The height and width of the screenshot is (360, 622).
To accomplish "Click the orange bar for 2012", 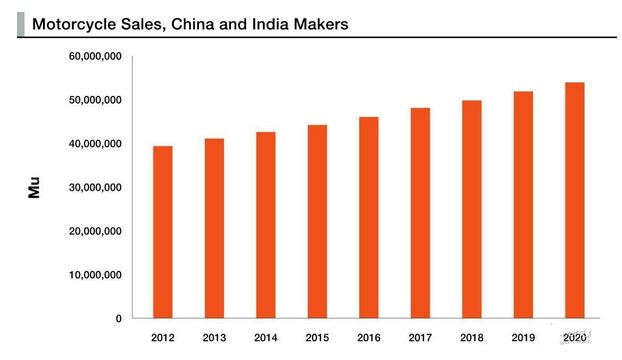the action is coord(163,232).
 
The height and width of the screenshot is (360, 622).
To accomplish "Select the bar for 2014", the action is coord(266,225).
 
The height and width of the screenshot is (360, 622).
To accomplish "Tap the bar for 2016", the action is coord(369,217).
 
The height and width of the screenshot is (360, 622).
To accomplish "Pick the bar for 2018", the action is coord(472,209).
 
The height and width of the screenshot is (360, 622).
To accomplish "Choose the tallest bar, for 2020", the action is coord(575,200).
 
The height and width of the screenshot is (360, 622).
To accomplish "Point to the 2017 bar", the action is coord(420,213).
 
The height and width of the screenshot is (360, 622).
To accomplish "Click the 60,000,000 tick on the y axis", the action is coord(95,56).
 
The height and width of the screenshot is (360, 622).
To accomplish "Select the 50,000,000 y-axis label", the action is coord(95,100).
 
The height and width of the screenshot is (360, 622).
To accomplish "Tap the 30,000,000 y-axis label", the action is coord(95,187).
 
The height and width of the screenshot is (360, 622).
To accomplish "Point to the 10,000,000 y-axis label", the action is coord(95,275).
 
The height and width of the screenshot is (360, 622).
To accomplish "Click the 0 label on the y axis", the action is coord(119,318).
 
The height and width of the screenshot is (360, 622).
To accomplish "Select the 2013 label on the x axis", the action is coord(214,338).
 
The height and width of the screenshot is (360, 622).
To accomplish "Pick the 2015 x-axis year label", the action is coord(317,338).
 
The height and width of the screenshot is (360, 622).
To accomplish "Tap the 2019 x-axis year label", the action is coord(523,338).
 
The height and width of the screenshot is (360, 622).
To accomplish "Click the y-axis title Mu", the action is coord(34,187).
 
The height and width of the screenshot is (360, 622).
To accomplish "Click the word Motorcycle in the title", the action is coord(74,24).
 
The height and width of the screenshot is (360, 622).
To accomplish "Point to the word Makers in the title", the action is coord(321,24).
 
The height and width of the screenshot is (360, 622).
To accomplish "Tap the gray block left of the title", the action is coord(21,24).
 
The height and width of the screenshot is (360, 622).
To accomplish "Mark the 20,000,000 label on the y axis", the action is coord(95,231).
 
